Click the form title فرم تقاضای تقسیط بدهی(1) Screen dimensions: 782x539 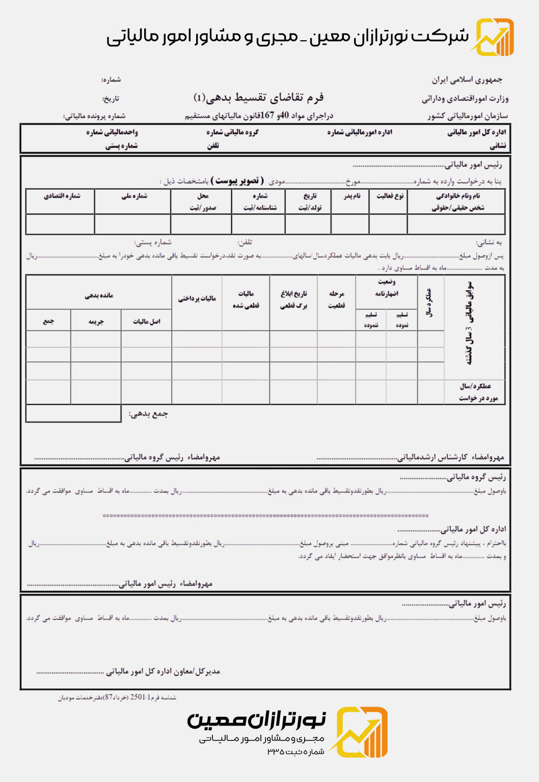tap(259, 97)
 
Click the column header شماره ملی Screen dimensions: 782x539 tap(134, 196)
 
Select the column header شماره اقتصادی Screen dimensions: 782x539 tap(62, 196)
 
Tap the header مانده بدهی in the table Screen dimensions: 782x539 tap(99, 295)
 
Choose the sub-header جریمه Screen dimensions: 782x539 tap(96, 321)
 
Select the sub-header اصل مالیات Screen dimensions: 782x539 tap(147, 321)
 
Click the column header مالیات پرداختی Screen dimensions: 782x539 tap(197, 299)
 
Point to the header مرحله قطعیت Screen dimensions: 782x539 tap(336, 299)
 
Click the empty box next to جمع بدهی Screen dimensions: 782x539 tap(73, 413)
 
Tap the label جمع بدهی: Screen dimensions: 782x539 tap(148, 414)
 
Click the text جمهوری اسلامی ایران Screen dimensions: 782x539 tap(467, 80)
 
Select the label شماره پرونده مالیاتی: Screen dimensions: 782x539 tap(94, 116)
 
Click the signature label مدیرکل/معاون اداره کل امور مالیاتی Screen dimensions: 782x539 tap(163, 672)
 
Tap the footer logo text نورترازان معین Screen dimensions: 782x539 tap(256, 719)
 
